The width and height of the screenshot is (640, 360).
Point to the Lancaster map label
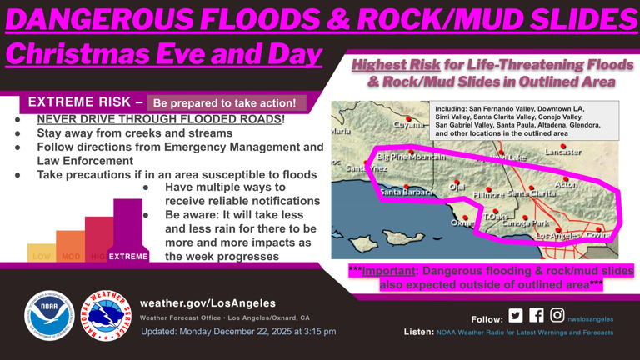click(563, 152)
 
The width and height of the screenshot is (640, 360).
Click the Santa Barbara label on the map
click(407, 192)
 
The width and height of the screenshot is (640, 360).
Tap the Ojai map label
click(457, 187)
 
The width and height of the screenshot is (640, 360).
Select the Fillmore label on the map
click(488, 194)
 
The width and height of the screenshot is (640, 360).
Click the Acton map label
click(566, 186)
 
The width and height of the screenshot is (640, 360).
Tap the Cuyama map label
click(407, 124)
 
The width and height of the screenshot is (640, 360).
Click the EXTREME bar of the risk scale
click(127, 233)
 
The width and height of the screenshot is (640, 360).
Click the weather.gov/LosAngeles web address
click(207, 302)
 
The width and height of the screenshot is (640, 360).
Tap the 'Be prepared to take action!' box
click(225, 103)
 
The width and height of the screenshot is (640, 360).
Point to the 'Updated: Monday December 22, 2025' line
click(237, 332)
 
